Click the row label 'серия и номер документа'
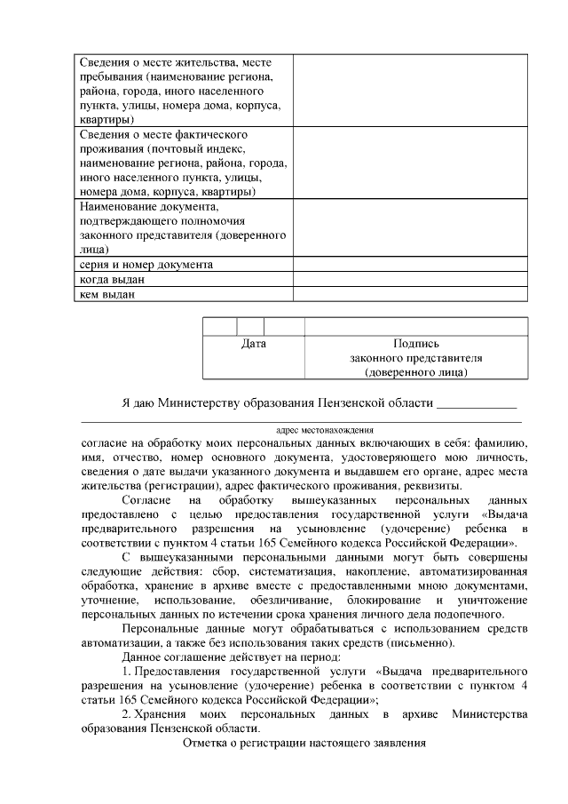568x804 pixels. click(x=146, y=265)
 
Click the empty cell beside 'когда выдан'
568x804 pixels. click(x=410, y=280)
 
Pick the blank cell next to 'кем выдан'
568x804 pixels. click(x=410, y=294)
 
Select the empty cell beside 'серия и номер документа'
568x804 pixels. click(x=410, y=265)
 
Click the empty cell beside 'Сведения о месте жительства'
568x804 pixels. click(x=410, y=91)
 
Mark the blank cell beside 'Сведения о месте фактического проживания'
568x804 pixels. click(x=410, y=163)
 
